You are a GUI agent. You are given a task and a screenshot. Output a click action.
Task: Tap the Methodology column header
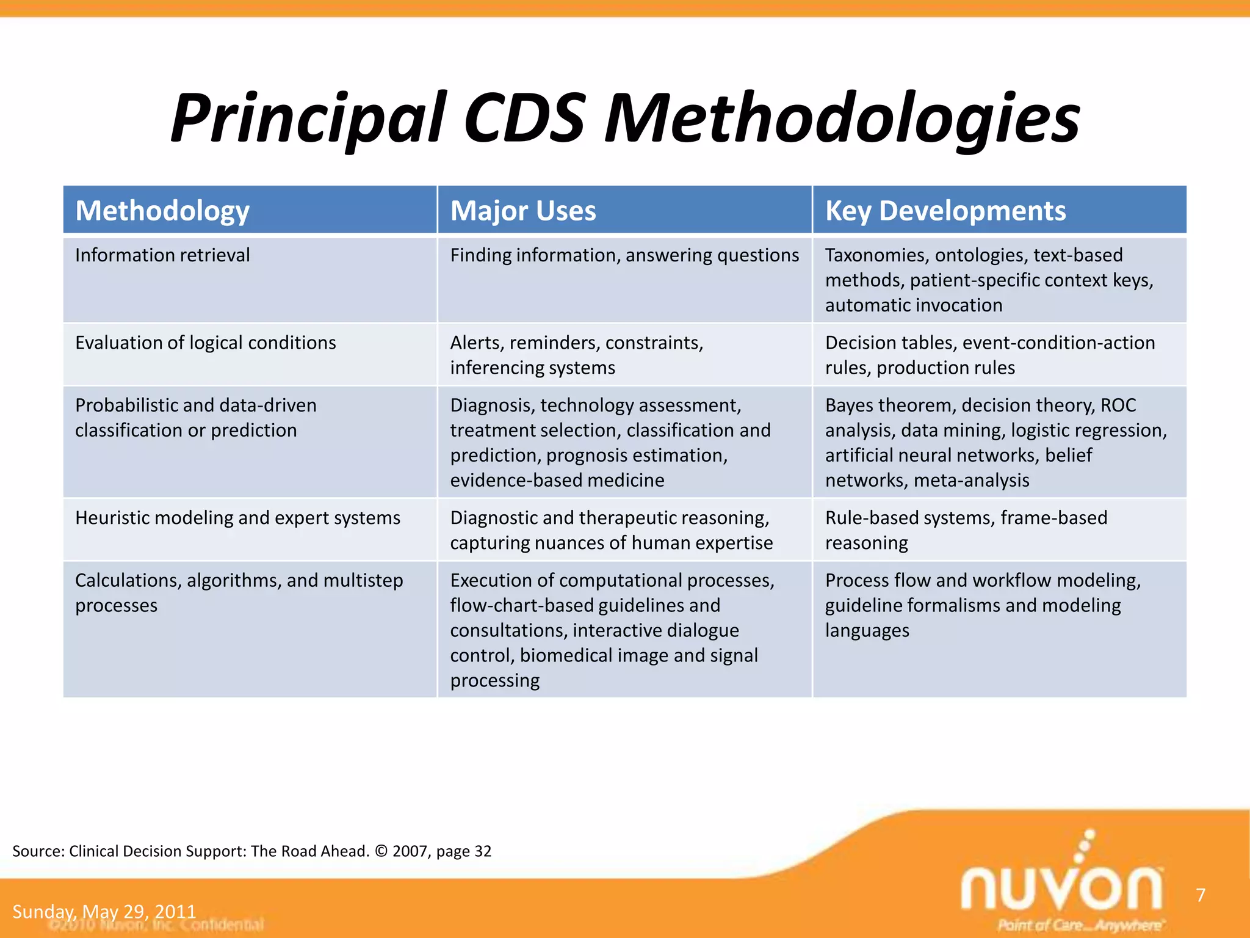(162, 211)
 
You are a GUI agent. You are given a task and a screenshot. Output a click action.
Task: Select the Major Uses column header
(523, 211)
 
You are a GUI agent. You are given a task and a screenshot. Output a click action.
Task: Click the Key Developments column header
(945, 211)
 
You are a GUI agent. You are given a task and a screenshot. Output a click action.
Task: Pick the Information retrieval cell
(162, 255)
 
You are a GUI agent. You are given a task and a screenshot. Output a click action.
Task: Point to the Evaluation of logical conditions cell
(205, 343)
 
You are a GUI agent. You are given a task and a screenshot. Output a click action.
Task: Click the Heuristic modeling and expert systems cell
(237, 518)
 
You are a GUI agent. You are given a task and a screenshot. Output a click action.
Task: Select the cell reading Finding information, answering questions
(624, 255)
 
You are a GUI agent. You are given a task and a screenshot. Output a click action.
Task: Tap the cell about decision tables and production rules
(989, 355)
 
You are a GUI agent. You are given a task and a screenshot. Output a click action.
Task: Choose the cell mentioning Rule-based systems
(966, 529)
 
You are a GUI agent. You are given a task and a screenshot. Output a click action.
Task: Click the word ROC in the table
(1118, 405)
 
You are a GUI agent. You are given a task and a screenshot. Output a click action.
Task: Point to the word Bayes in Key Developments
(850, 405)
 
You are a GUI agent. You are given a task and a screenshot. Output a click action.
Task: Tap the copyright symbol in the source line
(381, 851)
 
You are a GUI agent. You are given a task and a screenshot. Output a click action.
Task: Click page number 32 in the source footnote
(483, 851)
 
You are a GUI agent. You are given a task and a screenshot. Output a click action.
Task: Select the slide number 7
(1201, 895)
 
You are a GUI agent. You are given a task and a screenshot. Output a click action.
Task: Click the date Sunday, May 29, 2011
(104, 912)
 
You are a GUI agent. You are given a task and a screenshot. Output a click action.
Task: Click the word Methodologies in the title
(842, 119)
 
